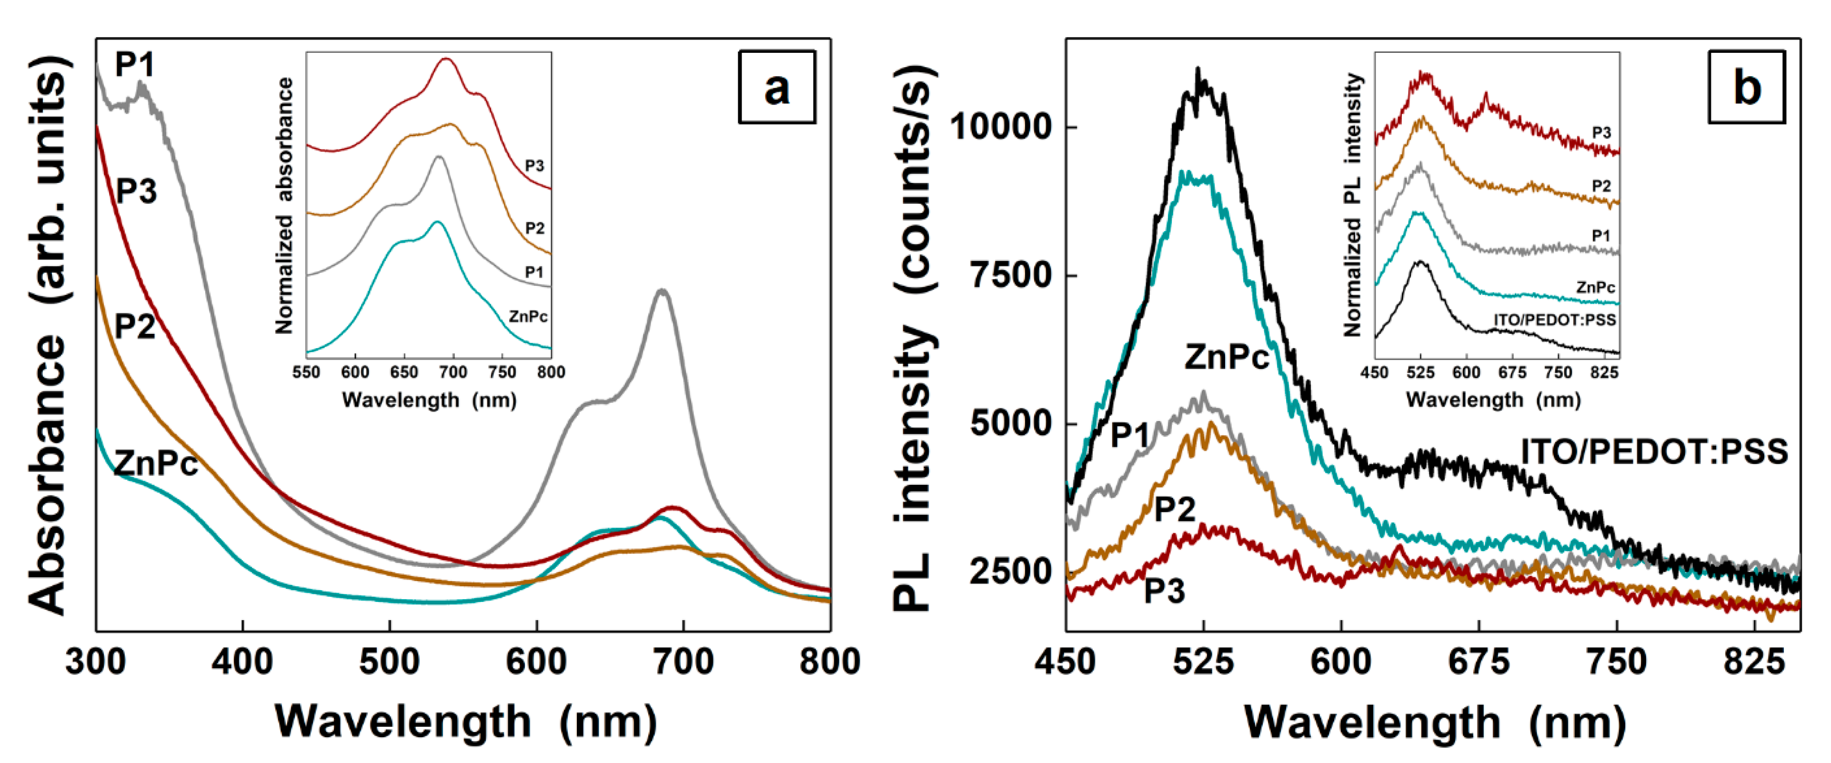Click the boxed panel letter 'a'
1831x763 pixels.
click(x=776, y=87)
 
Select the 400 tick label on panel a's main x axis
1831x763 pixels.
click(x=242, y=662)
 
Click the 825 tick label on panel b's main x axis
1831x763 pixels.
click(x=1753, y=662)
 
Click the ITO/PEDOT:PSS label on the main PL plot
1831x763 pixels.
click(x=1654, y=452)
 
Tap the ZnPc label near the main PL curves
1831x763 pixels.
click(x=1226, y=357)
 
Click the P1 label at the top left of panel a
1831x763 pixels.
click(x=134, y=65)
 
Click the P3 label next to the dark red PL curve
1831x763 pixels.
click(x=1164, y=591)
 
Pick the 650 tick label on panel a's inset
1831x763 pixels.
click(x=404, y=372)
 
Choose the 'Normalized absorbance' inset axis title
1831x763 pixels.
click(x=284, y=206)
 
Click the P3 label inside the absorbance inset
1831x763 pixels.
click(x=534, y=166)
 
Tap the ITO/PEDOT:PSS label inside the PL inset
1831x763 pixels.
click(x=1555, y=320)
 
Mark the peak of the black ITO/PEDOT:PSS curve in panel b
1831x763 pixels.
click(x=1198, y=71)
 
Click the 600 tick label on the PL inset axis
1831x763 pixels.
click(x=1466, y=372)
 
